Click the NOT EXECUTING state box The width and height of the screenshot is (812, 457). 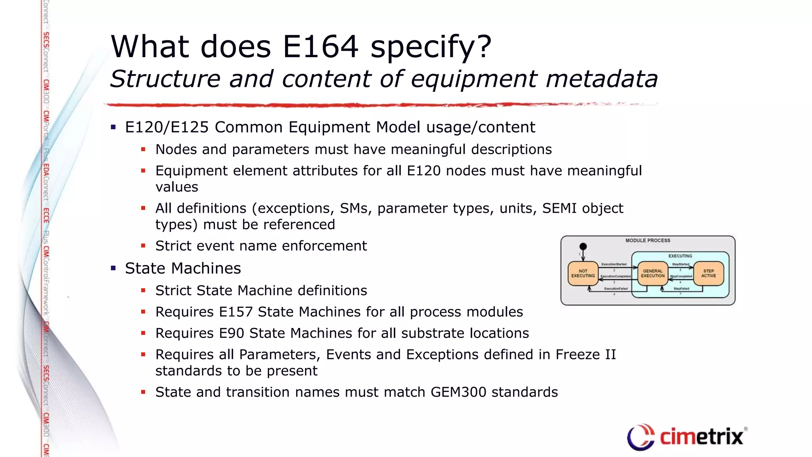point(583,273)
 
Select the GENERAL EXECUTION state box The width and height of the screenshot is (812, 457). point(653,273)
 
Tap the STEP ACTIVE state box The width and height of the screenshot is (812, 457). point(709,273)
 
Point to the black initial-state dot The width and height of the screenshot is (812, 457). point(583,246)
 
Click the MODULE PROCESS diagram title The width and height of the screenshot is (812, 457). point(648,240)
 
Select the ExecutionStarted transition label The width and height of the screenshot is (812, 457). point(614,264)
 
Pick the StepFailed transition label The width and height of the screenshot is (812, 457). point(681,289)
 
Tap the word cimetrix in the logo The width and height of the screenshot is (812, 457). point(701,437)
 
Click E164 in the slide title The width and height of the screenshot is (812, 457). point(320,47)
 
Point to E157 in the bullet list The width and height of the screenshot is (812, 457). point(236,312)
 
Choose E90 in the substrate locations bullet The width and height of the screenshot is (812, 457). point(231,333)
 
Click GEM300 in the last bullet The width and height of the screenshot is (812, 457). point(458,392)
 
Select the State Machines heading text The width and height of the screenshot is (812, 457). point(183,268)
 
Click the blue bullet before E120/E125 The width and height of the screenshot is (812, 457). point(113,127)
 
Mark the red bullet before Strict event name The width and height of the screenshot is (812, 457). point(143,246)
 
